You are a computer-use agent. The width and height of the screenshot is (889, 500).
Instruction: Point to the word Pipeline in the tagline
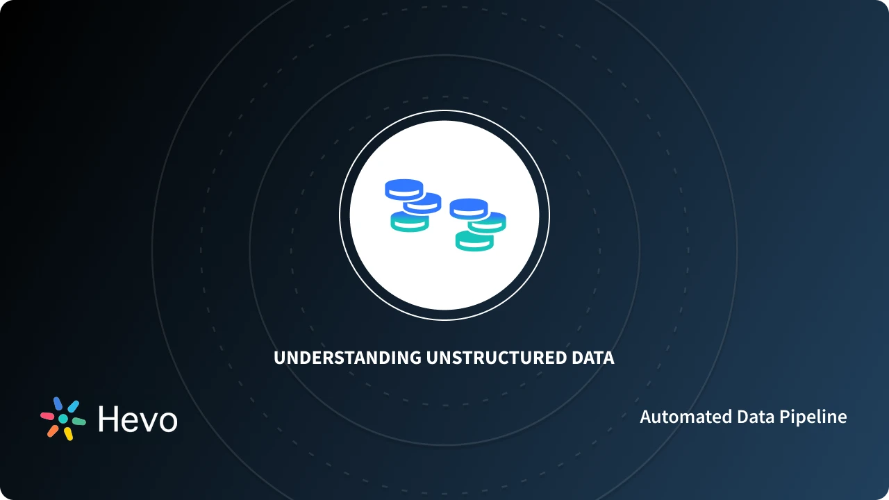(813, 417)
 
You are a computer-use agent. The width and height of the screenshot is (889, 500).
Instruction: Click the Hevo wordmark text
(138, 419)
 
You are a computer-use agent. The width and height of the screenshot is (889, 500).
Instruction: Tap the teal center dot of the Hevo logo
(63, 419)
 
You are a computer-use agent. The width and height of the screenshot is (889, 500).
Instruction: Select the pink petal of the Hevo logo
(47, 416)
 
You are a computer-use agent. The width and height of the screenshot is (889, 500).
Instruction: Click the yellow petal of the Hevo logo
(69, 434)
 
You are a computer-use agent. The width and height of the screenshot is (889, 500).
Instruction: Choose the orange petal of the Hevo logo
(53, 431)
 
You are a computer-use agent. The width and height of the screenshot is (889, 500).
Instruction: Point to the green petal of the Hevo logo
(79, 422)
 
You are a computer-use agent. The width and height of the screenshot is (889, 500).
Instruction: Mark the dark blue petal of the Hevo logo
(58, 404)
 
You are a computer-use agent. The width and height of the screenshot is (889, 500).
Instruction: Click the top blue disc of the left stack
(404, 187)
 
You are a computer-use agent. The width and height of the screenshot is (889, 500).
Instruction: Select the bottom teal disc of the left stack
(409, 223)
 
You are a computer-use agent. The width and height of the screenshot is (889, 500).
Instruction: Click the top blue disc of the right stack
(469, 207)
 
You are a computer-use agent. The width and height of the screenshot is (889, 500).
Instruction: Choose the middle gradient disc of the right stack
(488, 222)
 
